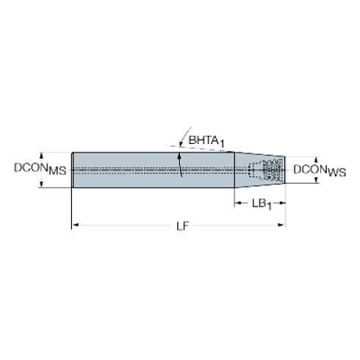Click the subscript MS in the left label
(60, 172)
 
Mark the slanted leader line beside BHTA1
(179, 139)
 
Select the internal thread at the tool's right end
(273, 170)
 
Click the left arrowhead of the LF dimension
(74, 224)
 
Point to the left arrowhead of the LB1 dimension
(237, 202)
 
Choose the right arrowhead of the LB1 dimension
(282, 202)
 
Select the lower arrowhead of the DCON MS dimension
(43, 185)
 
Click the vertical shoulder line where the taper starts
(234, 169)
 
